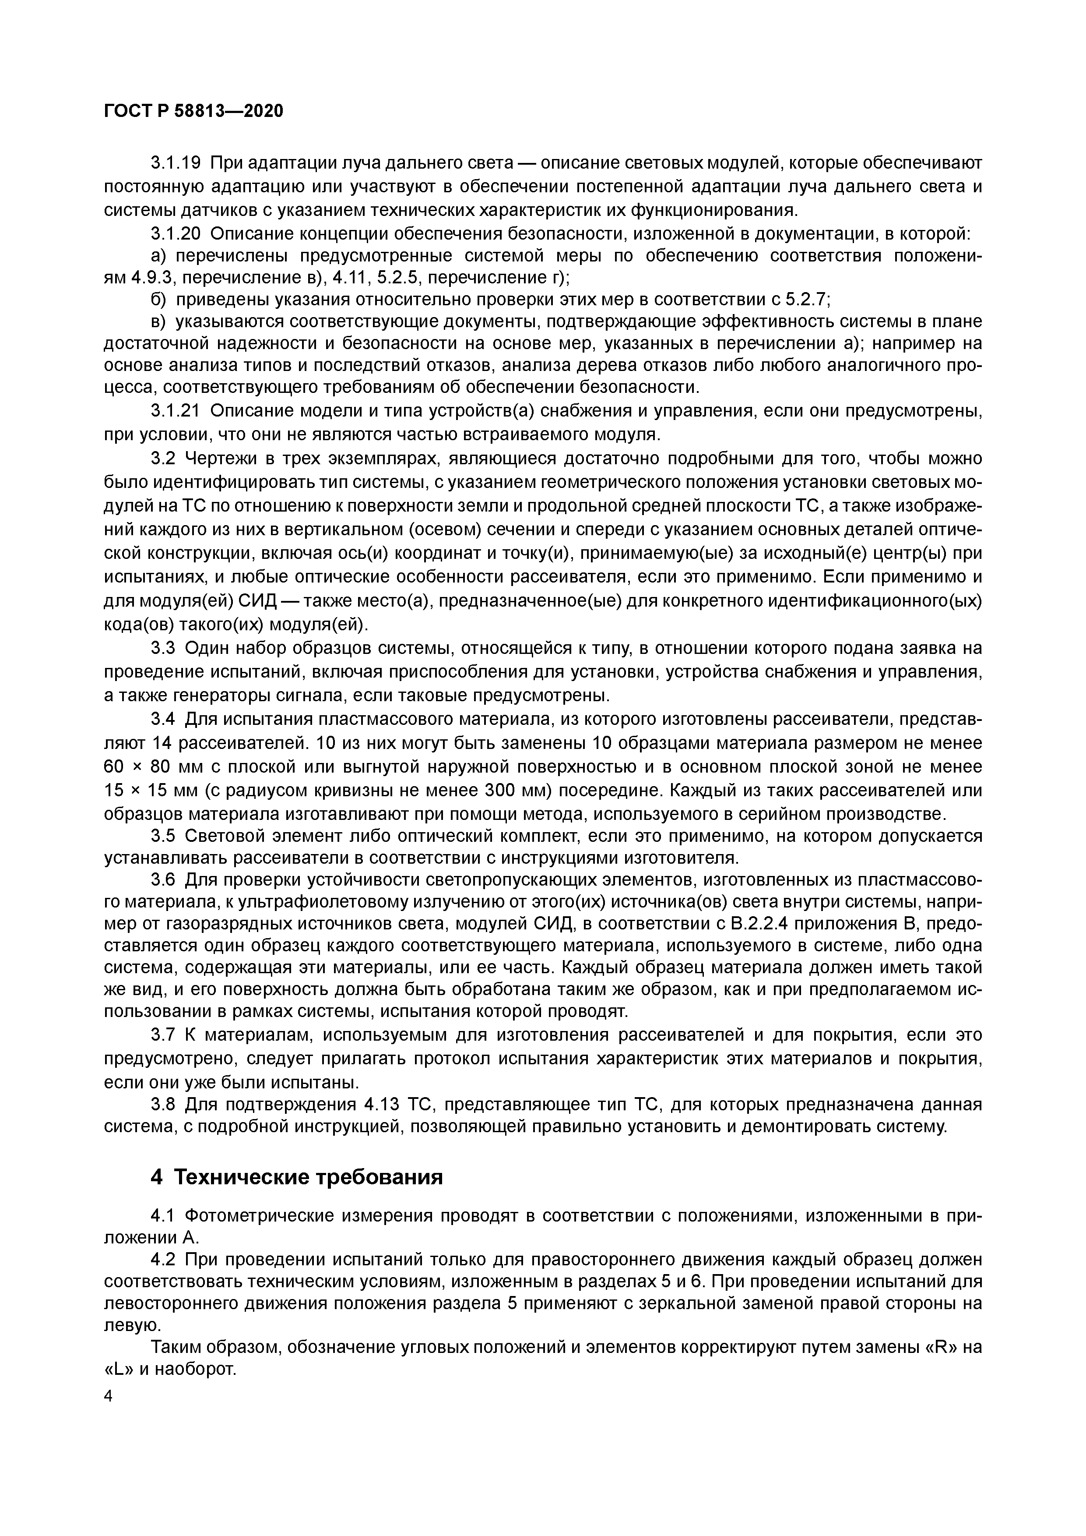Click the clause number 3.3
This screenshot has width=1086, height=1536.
163,648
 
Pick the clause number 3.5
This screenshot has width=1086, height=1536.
163,836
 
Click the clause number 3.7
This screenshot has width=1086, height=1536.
163,1035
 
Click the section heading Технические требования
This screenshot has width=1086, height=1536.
308,1177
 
